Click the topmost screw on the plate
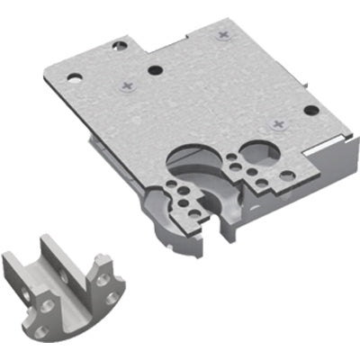223,34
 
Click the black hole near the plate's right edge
310,111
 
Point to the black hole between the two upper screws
156,68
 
